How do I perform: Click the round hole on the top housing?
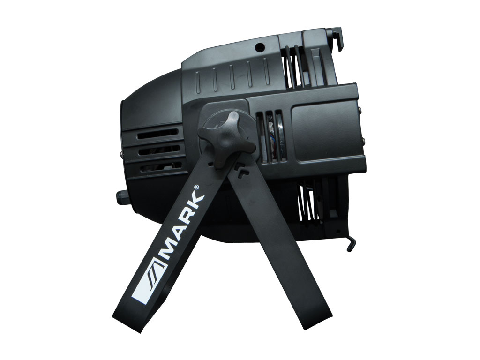click(x=260, y=47)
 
